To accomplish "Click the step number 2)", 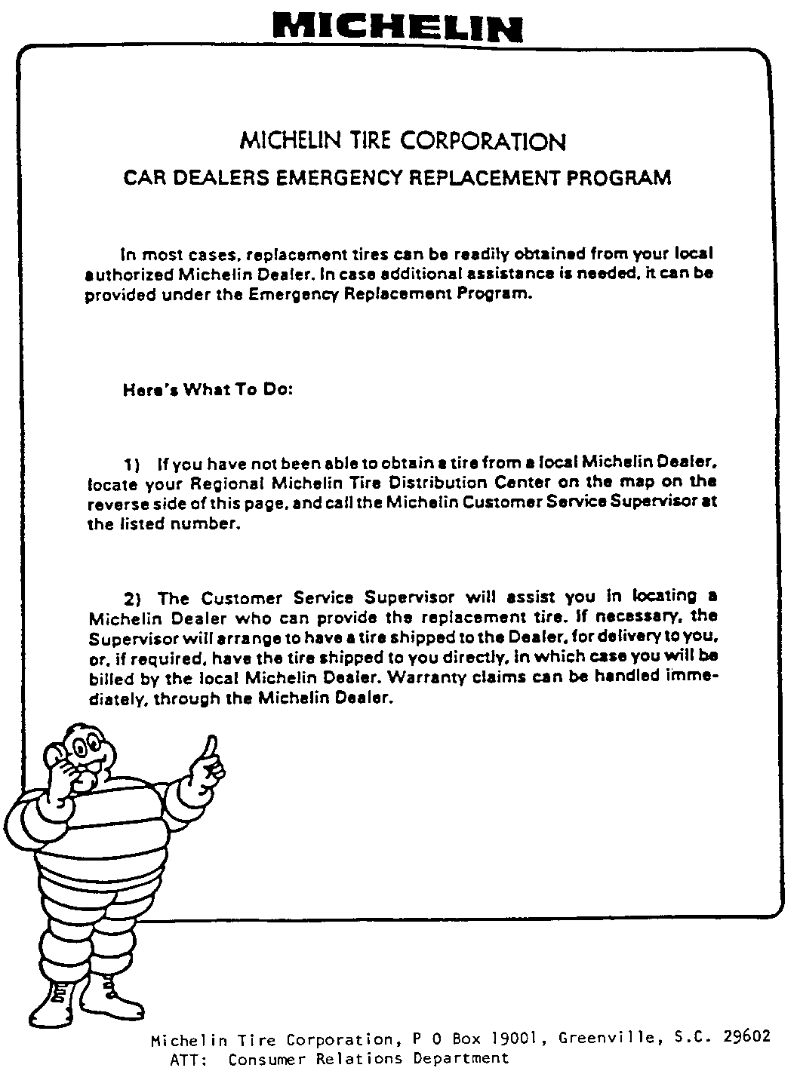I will pos(134,600).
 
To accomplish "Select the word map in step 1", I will pos(630,481).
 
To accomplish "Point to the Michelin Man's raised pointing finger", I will pos(212,747).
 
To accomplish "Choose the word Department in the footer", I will pos(467,1059).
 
